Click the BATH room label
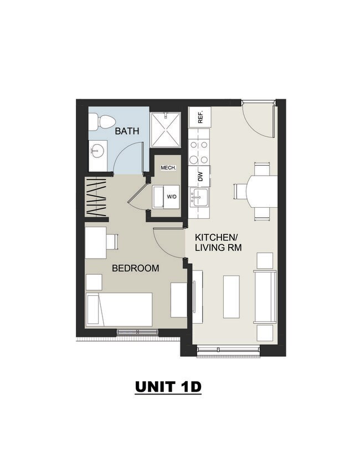[x=127, y=131]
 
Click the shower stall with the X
[x=166, y=130]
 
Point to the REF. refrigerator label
[x=200, y=117]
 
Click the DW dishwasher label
[x=200, y=177]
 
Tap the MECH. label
[x=168, y=168]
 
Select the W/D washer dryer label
[x=171, y=197]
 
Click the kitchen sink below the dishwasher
[x=199, y=197]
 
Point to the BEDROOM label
[x=136, y=268]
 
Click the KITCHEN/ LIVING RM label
[x=218, y=243]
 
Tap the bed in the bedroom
[x=119, y=310]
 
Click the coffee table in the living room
[x=232, y=296]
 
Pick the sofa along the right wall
[x=265, y=296]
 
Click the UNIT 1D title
[x=168, y=387]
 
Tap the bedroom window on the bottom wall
[x=137, y=332]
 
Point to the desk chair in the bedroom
[x=112, y=242]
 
